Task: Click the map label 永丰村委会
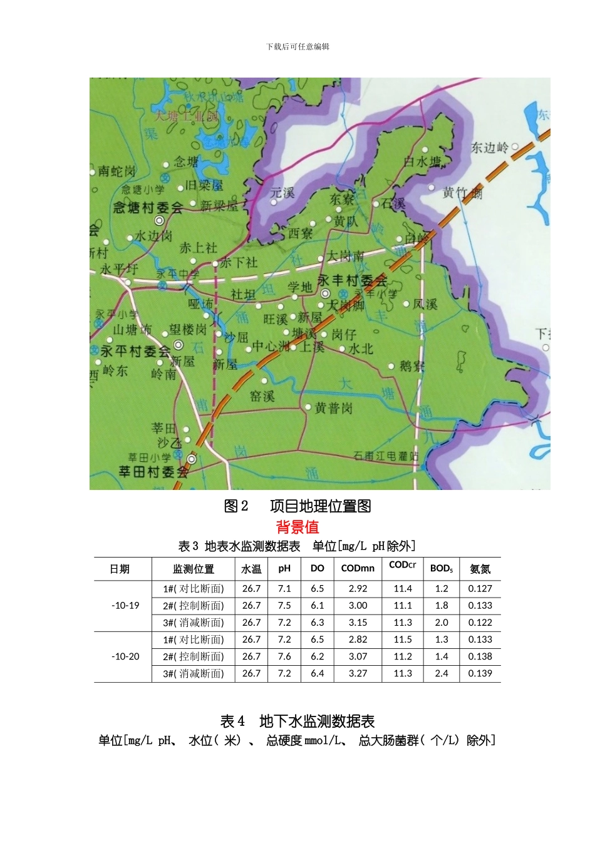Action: point(353,280)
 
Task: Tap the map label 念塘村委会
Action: point(148,207)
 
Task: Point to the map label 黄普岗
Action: point(334,409)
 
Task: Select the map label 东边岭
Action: point(490,148)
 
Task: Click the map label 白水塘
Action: point(422,161)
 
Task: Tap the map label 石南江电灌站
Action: point(386,456)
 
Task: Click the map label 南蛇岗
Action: point(117,171)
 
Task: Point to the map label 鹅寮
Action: point(412,366)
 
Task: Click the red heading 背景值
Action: point(297,527)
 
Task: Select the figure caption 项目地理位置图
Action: point(321,506)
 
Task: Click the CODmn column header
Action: point(358,569)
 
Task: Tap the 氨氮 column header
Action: point(480,569)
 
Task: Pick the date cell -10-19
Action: point(125,606)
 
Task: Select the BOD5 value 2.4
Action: point(442,674)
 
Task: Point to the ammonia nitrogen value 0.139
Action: point(480,674)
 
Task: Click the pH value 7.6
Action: point(284,657)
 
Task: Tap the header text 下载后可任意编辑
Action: point(297,46)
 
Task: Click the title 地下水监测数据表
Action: point(317,721)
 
